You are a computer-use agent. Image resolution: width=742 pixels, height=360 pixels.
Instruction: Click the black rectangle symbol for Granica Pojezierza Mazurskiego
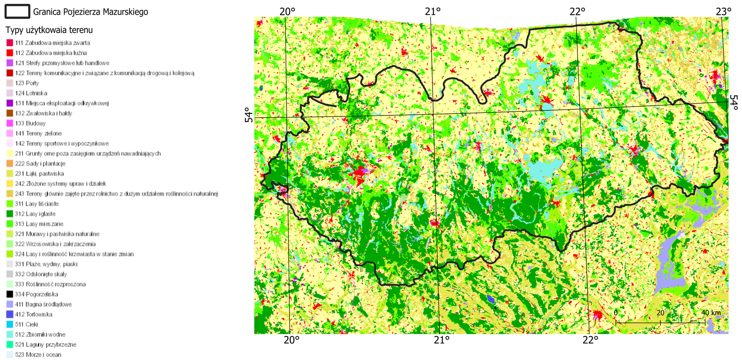click(x=17, y=12)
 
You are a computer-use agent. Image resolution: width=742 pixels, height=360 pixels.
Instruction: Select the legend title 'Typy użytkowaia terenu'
click(x=49, y=30)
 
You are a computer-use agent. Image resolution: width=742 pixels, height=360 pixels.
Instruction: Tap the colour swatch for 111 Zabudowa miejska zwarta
click(x=10, y=43)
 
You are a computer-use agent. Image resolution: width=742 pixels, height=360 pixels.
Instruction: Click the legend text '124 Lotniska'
click(x=31, y=93)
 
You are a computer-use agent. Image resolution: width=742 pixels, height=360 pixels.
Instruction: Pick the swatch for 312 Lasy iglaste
click(x=10, y=214)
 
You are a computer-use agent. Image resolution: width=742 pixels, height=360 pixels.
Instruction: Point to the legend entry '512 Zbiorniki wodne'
click(x=40, y=335)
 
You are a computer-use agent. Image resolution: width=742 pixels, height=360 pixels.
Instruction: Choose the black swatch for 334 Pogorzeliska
click(x=10, y=294)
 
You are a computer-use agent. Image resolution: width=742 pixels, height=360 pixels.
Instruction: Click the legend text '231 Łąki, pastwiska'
click(x=39, y=173)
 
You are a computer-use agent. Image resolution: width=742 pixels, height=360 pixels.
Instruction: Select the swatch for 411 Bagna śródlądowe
click(x=10, y=304)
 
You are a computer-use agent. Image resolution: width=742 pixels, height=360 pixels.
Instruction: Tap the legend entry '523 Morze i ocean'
click(x=38, y=355)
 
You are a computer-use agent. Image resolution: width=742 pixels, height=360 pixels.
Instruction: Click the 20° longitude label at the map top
click(x=287, y=12)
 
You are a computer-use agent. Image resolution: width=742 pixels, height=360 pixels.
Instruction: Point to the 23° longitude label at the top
click(x=723, y=12)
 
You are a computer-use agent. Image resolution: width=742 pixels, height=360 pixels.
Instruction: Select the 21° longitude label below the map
click(x=441, y=340)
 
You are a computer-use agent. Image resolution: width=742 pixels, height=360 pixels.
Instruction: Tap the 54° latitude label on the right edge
click(x=734, y=103)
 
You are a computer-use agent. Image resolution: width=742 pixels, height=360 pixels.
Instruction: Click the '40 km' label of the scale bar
click(x=711, y=313)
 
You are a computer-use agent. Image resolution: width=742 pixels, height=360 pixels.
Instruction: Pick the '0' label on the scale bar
click(x=616, y=313)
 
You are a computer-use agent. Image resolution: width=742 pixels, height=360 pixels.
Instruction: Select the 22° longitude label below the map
click(x=590, y=340)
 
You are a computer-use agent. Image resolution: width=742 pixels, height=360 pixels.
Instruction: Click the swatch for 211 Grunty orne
click(x=10, y=153)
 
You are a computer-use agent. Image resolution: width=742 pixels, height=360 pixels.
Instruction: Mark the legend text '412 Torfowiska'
click(x=34, y=314)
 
